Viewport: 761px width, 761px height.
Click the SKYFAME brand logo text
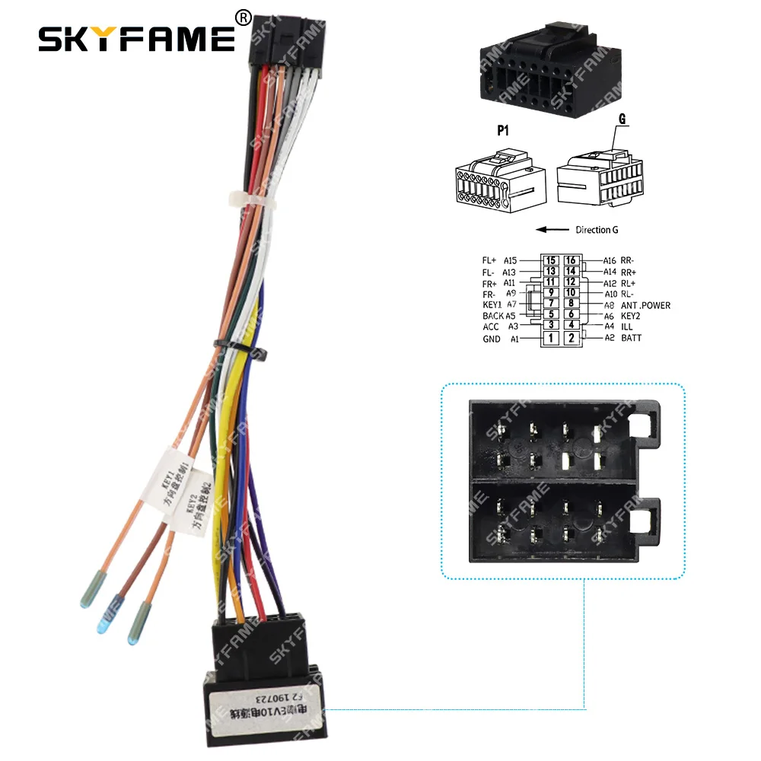[x=137, y=37]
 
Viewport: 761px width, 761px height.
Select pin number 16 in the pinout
[x=571, y=260]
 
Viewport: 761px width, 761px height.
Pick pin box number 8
[x=571, y=304]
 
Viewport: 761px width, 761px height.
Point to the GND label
[x=492, y=339]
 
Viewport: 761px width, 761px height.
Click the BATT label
[x=632, y=337]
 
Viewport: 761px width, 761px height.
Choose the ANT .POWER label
[x=646, y=305]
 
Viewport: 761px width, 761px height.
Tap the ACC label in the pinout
[x=491, y=326]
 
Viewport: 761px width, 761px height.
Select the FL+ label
[x=489, y=260]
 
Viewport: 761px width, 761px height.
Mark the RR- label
[x=629, y=260]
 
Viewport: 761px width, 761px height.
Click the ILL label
[x=627, y=326]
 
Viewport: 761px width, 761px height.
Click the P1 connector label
[x=482, y=130]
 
